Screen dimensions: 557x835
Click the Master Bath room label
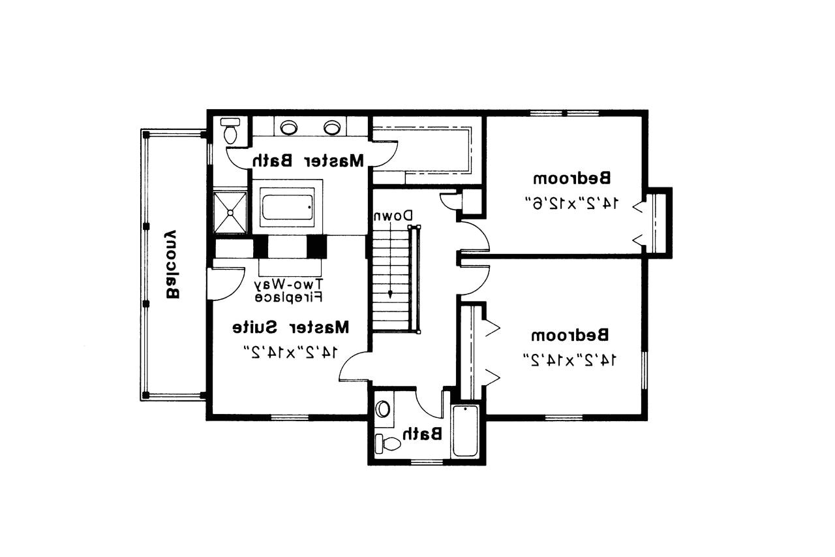(309, 160)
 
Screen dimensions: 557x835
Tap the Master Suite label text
(291, 326)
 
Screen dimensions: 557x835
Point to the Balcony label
(171, 263)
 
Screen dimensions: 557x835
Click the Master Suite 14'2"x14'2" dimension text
(291, 353)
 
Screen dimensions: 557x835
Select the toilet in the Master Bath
(230, 132)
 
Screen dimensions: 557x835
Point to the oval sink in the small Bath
(383, 409)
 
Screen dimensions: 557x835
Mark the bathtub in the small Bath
(466, 431)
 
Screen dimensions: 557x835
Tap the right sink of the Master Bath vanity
(333, 127)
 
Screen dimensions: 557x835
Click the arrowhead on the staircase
(391, 294)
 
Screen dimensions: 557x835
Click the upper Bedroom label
(572, 178)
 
